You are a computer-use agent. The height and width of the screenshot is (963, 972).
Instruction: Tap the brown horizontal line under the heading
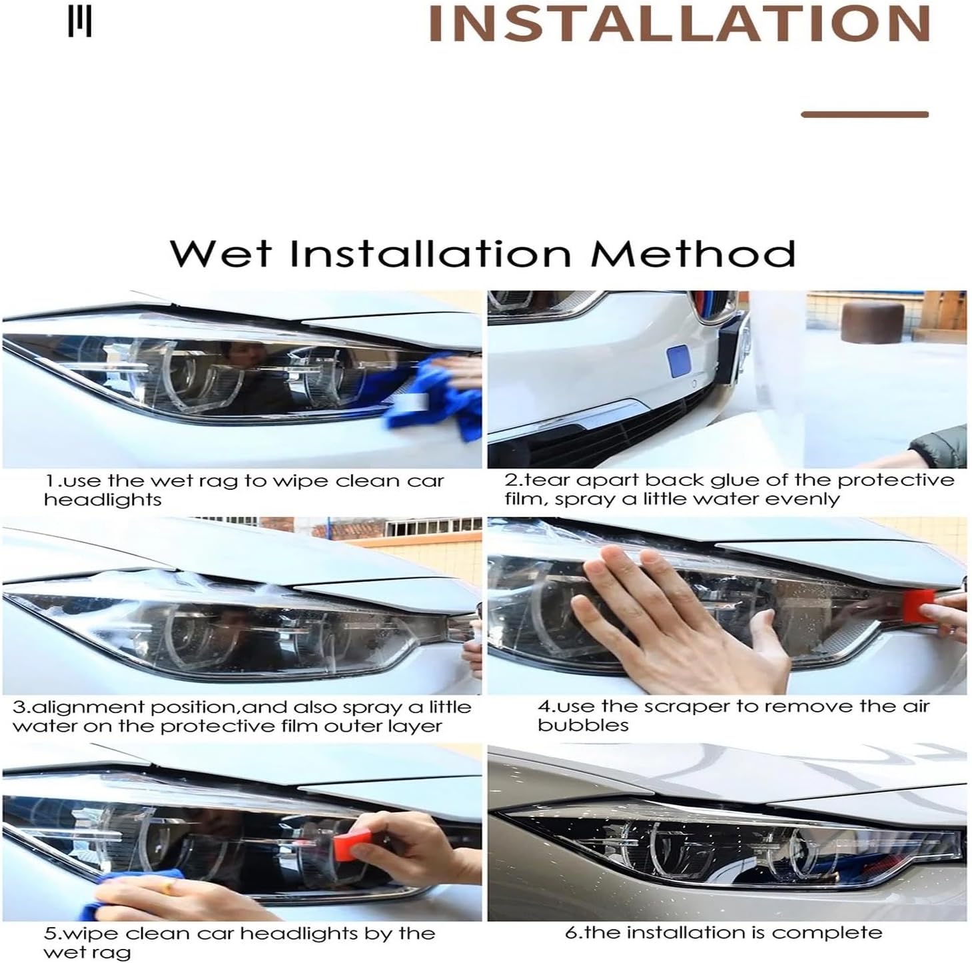point(864,115)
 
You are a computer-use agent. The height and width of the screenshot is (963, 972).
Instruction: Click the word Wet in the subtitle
point(221,254)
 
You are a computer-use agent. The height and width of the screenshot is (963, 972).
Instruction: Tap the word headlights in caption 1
point(103,500)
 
